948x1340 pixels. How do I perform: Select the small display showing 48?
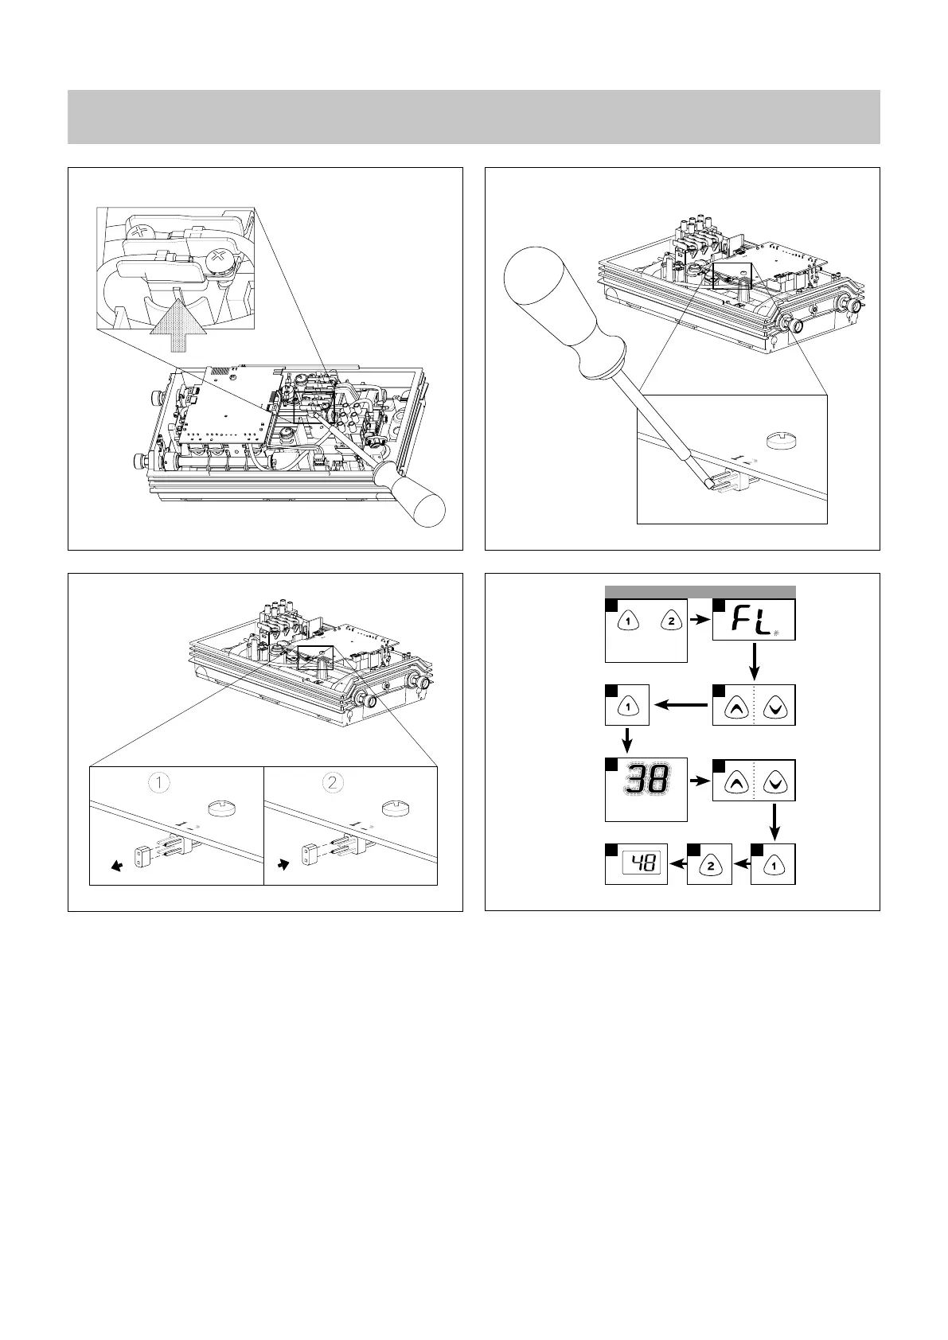pyautogui.click(x=644, y=862)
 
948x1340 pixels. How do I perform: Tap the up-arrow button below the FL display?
pyautogui.click(x=733, y=705)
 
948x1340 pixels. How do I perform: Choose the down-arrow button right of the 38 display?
pyautogui.click(x=774, y=781)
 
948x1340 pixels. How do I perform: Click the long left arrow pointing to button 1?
pyautogui.click(x=681, y=704)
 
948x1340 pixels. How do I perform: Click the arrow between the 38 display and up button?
pyautogui.click(x=699, y=781)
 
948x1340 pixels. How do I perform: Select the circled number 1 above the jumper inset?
pyautogui.click(x=160, y=782)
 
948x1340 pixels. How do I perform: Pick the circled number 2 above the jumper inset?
pyautogui.click(x=334, y=782)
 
